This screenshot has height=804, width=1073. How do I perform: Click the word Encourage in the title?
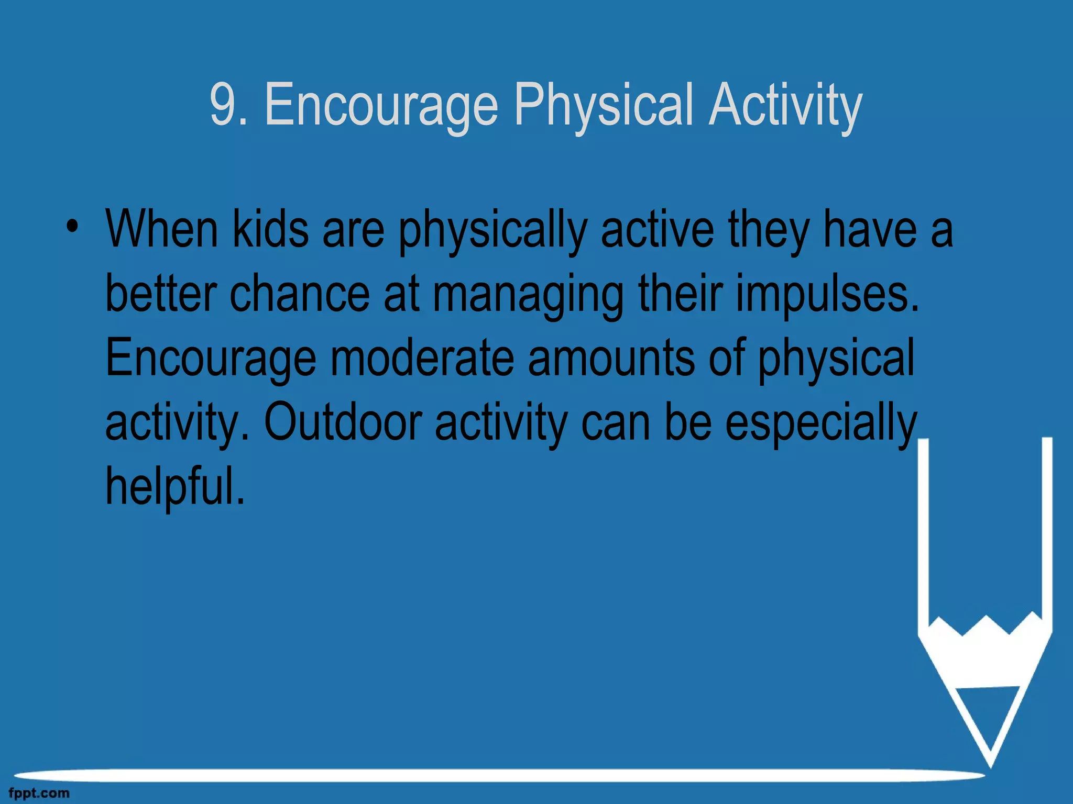(381, 107)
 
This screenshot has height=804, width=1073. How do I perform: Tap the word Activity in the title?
(785, 107)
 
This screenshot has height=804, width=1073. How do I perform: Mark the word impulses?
(827, 296)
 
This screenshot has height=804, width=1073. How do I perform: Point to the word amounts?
(611, 358)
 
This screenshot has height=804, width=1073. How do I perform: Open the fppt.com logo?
(39, 794)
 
